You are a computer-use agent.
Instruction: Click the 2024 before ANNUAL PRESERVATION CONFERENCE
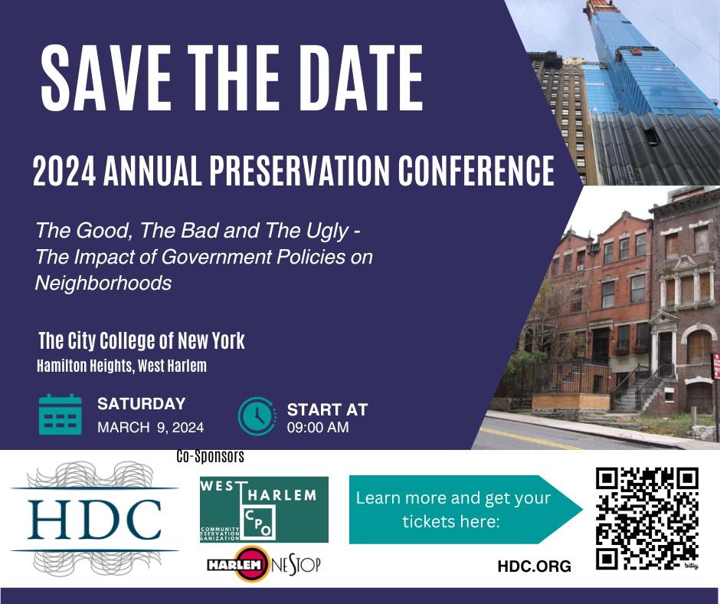coord(64,170)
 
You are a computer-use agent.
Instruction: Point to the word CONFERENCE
coord(476,170)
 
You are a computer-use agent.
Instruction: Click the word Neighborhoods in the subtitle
coord(103,283)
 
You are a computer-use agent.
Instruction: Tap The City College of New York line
coord(142,340)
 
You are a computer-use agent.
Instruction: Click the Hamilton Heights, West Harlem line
coord(122,366)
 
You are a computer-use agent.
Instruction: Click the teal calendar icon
coord(61,414)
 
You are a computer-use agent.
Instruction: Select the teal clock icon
coord(257,415)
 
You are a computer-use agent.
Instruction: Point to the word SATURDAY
coord(142,404)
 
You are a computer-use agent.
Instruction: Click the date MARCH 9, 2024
coord(151,428)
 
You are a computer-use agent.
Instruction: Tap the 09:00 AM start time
coord(318,427)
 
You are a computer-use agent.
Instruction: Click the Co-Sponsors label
coord(211,456)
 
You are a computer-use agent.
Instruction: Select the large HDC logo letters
coord(94,520)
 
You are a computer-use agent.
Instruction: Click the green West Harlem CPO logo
coord(264,509)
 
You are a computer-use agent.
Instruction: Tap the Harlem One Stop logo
coord(263,564)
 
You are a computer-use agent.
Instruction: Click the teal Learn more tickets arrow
coord(466,510)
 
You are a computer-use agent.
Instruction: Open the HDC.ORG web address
coord(534,566)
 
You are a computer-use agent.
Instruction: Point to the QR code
coord(647,518)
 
